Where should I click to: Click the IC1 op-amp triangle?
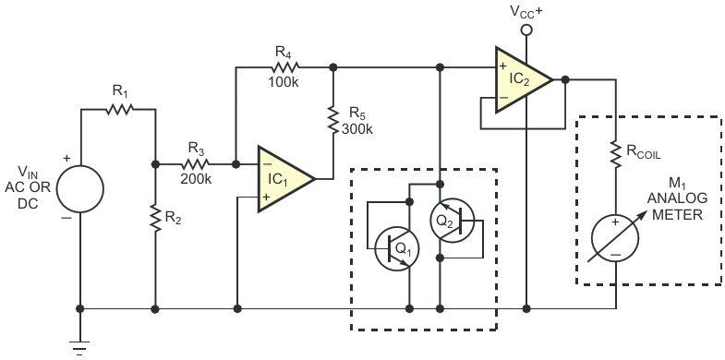coord(283,179)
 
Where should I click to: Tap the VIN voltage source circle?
coord(80,188)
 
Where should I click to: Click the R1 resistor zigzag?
coord(120,110)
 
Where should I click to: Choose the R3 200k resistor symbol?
coord(196,164)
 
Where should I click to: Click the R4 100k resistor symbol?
coord(284,67)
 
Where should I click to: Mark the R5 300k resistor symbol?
coord(332,120)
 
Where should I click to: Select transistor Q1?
coord(397,248)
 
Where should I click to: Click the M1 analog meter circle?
coord(615,239)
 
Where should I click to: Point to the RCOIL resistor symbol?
coord(616,153)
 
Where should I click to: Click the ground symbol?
coord(79,348)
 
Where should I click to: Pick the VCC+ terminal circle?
coord(526,30)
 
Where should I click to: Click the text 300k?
coord(357,129)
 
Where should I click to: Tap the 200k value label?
coord(196,179)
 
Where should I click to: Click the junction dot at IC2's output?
coord(564,79)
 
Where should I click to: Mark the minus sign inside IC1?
coord(267,163)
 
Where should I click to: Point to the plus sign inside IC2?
coord(503,66)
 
